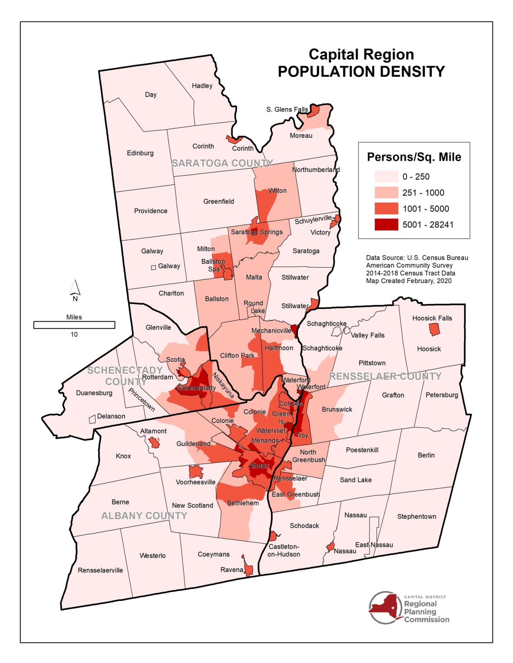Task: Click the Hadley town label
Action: (x=202, y=86)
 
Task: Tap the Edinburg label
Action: (x=140, y=153)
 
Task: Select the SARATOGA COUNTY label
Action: (x=222, y=163)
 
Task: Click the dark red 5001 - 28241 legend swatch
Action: (x=386, y=224)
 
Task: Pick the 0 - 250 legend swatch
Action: (x=386, y=177)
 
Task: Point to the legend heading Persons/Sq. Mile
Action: (x=414, y=157)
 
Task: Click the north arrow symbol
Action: (x=75, y=288)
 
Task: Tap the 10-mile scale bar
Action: (x=74, y=325)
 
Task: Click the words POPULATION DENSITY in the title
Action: (x=361, y=72)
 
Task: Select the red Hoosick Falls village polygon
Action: (x=434, y=330)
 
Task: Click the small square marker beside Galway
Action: (x=153, y=268)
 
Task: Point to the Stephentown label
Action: (x=416, y=517)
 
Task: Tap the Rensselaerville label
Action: (x=100, y=570)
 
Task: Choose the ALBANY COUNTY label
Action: (x=144, y=516)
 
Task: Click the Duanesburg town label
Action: (x=94, y=393)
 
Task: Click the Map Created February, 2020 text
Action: (x=408, y=281)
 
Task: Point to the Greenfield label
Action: (x=219, y=202)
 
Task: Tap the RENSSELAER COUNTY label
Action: (x=385, y=376)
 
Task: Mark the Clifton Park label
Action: (x=237, y=356)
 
